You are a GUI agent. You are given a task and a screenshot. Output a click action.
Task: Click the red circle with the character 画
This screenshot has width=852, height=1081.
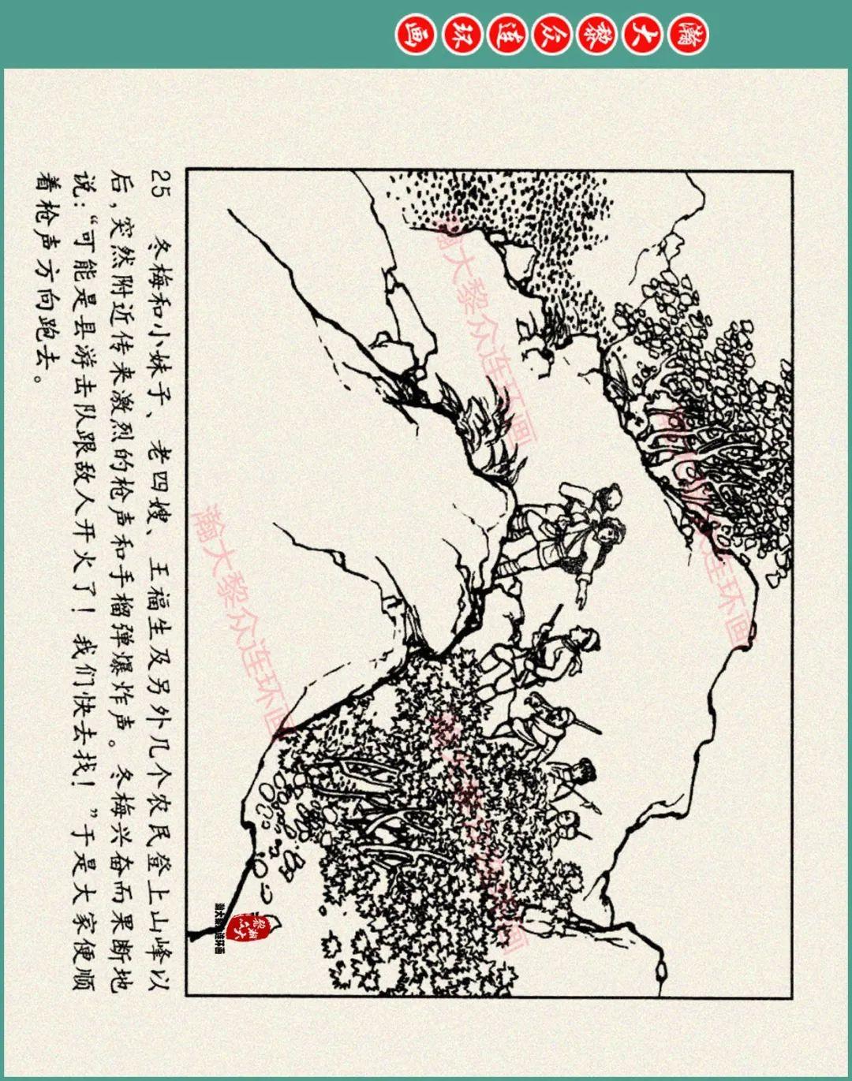click(x=411, y=35)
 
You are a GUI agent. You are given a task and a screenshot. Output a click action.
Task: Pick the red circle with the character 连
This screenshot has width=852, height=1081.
click(x=505, y=35)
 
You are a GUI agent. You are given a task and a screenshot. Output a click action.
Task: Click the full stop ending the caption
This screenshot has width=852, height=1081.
click(x=35, y=376)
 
